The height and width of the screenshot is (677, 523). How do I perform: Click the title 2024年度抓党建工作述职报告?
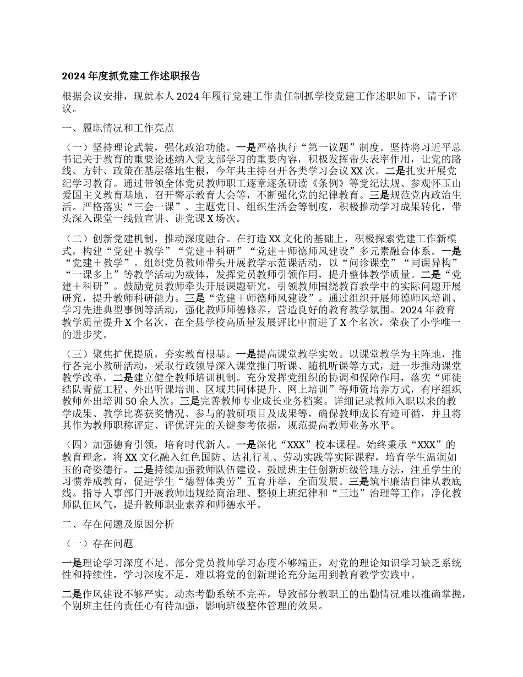coord(130,76)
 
